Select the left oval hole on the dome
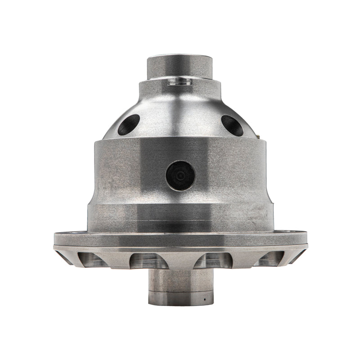click(128, 125)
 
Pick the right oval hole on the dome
click(232, 125)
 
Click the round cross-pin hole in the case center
click(180, 175)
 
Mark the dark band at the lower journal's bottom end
click(180, 301)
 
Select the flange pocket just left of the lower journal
click(148, 261)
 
